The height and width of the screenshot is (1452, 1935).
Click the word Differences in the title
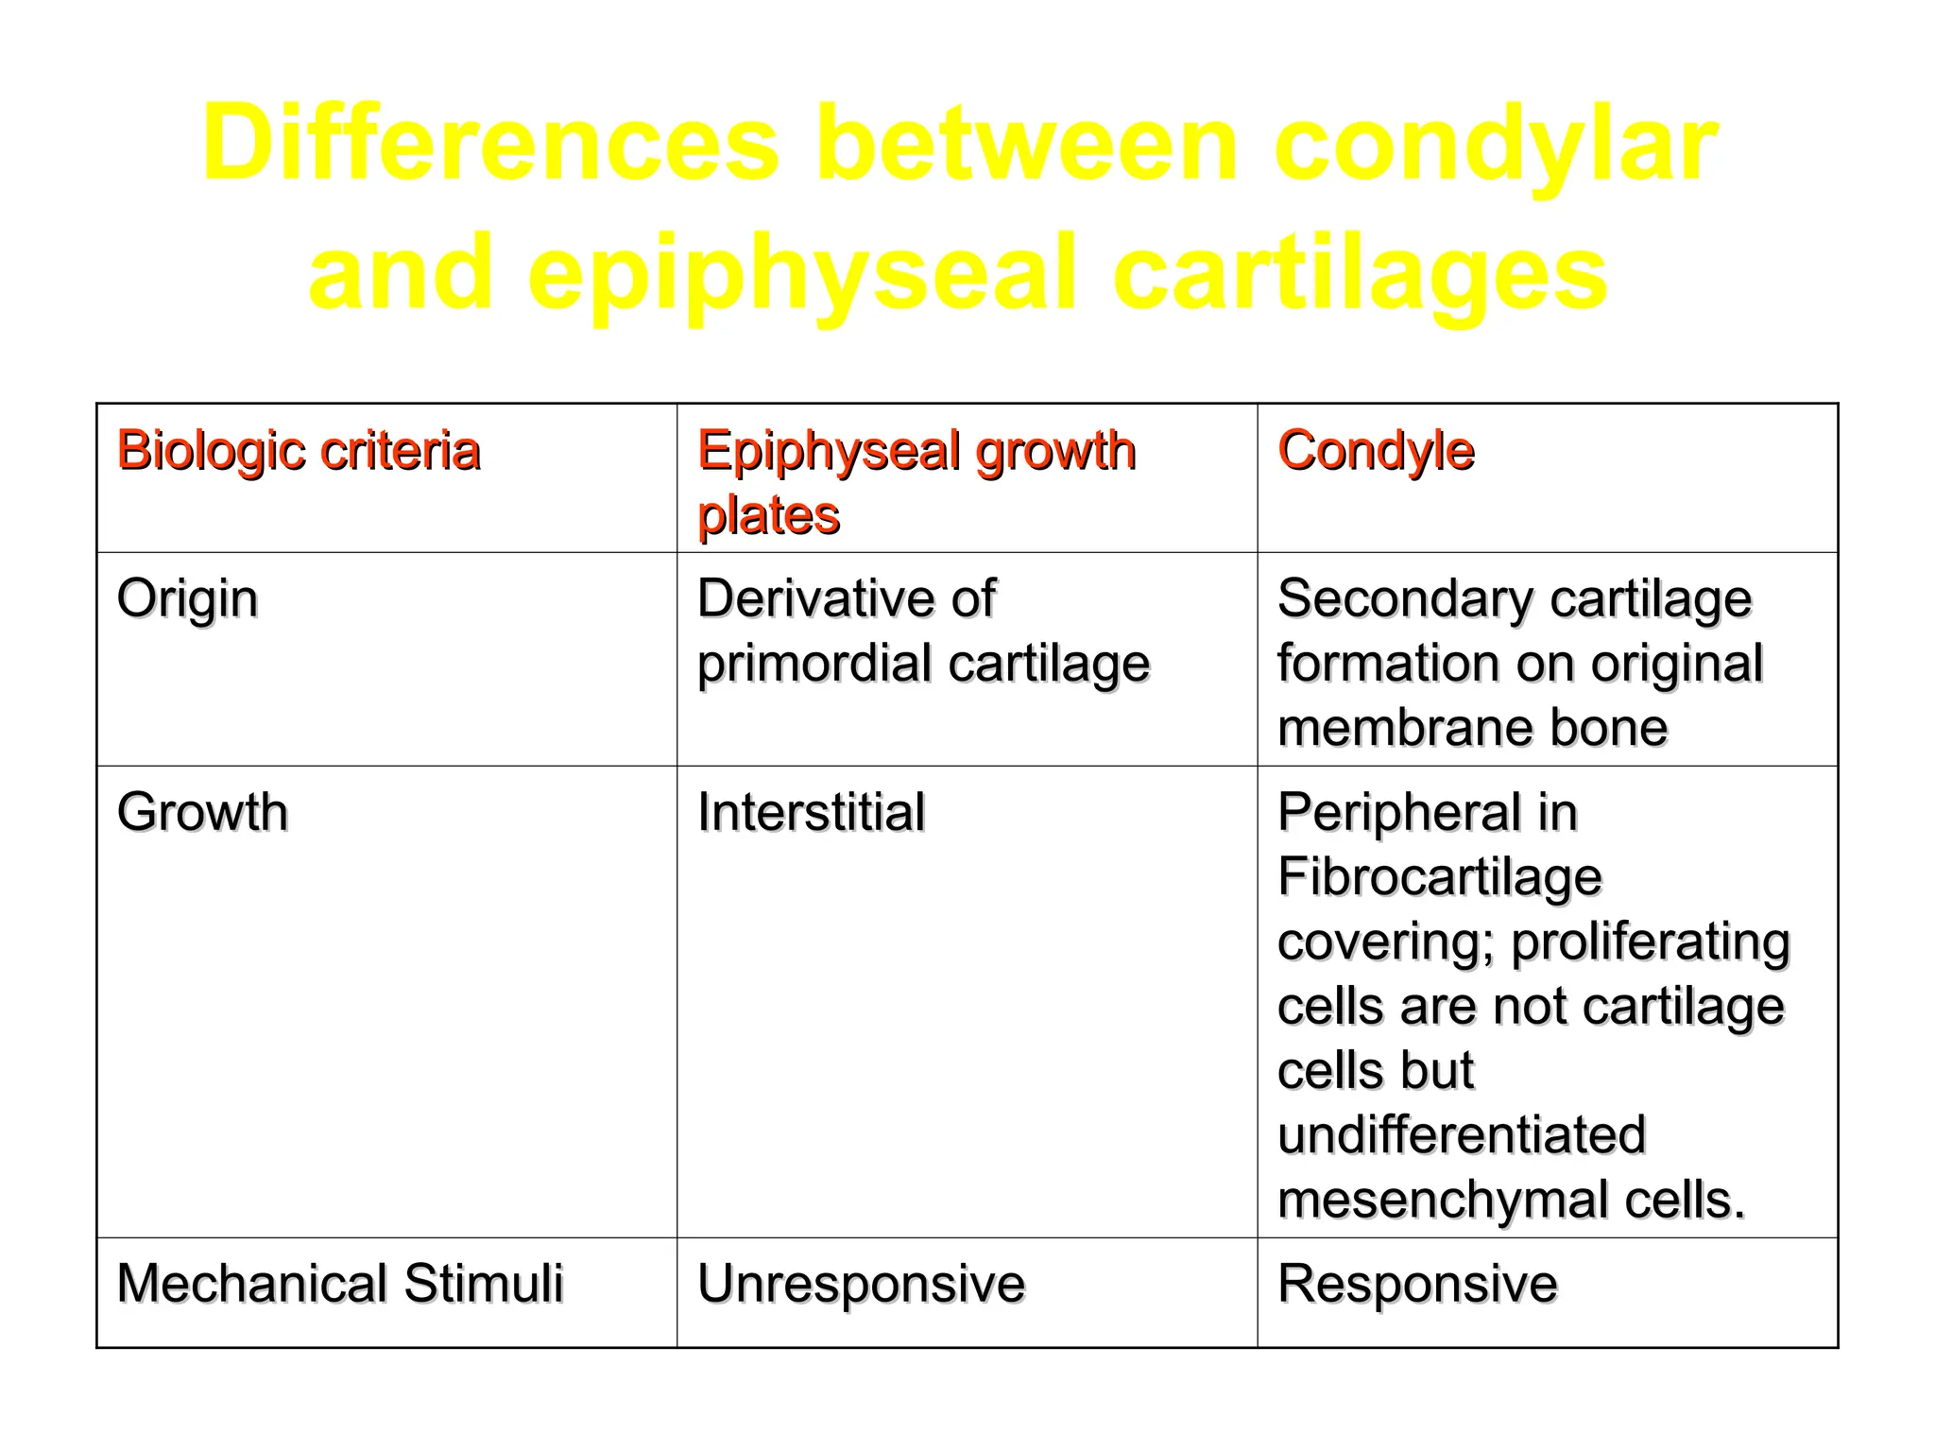490,144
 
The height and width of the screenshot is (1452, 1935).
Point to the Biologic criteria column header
299,450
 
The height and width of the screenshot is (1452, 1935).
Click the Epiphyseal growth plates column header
916,482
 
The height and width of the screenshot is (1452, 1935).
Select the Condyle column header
1375,451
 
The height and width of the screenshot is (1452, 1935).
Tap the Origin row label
187,599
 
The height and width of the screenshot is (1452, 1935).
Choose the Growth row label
202,812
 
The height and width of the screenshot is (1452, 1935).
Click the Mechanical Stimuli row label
340,1284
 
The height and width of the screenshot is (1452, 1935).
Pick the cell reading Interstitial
811,812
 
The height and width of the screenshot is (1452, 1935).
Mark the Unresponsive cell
861,1284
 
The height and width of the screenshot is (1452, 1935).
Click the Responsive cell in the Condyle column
1417,1284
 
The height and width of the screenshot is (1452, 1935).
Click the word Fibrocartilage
1439,877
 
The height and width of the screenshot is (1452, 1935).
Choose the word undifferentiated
1461,1134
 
